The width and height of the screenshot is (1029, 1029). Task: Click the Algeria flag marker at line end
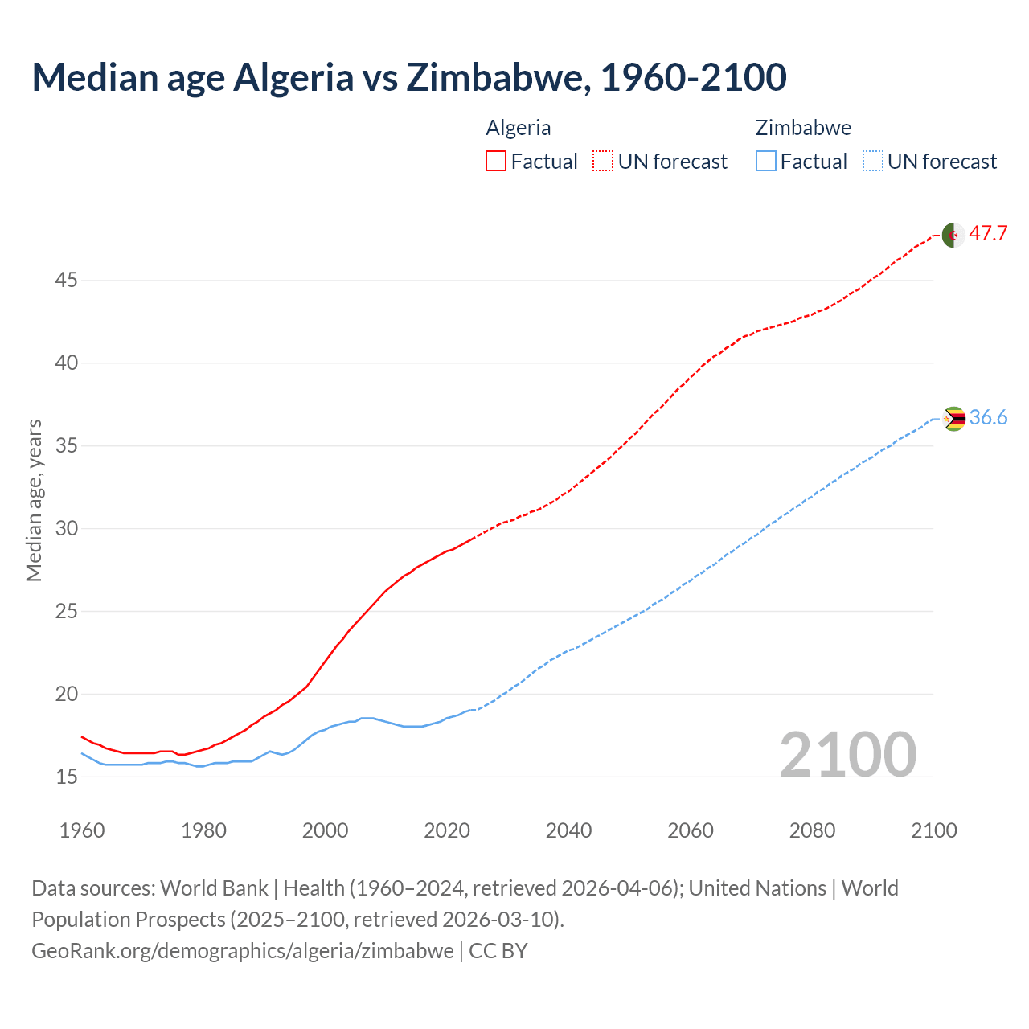point(953,235)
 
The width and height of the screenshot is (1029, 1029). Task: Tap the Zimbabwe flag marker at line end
point(953,419)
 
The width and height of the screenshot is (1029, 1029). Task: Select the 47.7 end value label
point(988,234)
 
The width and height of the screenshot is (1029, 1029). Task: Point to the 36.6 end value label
point(988,418)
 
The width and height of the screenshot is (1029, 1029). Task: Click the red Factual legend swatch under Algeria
point(496,162)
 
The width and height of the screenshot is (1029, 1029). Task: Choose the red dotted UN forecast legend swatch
point(603,162)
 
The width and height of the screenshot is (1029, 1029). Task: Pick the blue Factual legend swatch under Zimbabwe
point(766,162)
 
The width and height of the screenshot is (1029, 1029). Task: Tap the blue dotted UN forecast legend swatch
point(872,162)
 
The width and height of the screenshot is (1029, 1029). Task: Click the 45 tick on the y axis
point(66,281)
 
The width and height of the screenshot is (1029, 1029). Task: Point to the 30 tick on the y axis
point(66,529)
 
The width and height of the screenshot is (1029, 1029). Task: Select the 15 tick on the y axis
point(66,777)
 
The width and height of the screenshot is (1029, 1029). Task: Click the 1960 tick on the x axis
point(82,830)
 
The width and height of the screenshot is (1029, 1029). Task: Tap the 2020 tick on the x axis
point(447,830)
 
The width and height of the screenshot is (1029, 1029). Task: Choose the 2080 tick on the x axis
point(812,830)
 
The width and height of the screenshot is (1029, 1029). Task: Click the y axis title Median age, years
point(34,500)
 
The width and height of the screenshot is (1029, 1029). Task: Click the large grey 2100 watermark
point(847,755)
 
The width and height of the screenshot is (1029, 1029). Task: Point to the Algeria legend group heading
point(519,128)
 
